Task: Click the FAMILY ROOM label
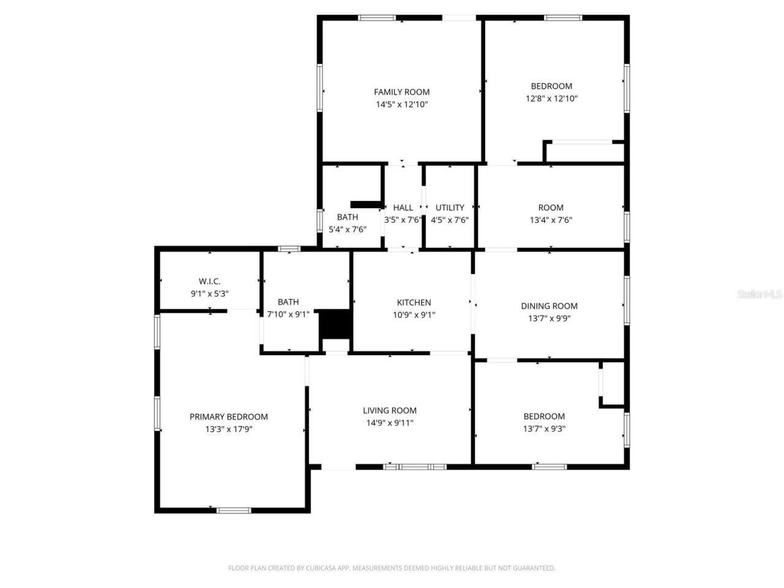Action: point(402,92)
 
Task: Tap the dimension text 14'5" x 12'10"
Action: point(402,105)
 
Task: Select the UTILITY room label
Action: point(450,208)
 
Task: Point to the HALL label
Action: point(403,208)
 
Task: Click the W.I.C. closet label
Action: point(209,281)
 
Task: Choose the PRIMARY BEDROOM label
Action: point(228,417)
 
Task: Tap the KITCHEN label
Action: point(414,302)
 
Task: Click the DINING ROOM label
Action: point(549,306)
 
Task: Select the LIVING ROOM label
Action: point(390,410)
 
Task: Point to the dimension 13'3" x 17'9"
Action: point(228,429)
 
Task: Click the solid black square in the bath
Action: point(335,324)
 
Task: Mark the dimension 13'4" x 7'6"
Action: point(551,220)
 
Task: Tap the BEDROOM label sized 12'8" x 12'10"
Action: point(551,86)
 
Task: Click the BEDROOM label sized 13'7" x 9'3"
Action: point(544,416)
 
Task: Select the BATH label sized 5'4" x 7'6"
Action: point(347,217)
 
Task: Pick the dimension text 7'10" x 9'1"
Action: point(288,314)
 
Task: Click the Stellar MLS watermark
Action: point(759,295)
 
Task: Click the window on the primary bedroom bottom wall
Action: point(234,510)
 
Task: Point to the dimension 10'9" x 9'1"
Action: point(414,315)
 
